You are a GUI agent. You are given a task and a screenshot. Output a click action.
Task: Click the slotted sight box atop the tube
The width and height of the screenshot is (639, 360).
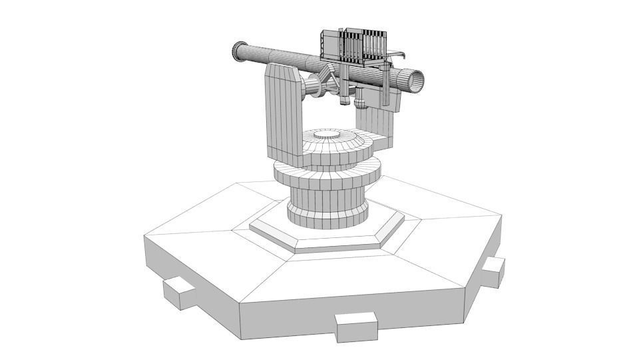(353, 47)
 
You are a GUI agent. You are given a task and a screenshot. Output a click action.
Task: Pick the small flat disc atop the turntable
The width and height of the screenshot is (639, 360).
(331, 136)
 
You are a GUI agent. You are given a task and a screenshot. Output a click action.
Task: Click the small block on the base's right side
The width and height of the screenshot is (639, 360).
(493, 271)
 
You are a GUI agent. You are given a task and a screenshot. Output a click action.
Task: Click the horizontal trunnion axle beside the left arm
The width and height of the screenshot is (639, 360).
(312, 87)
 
